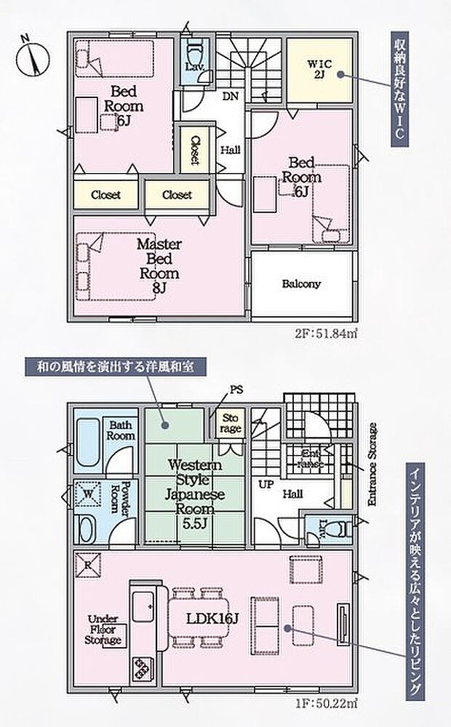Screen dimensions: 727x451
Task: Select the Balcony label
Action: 301,284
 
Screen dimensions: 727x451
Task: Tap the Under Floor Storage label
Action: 103,630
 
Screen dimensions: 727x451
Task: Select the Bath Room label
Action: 121,430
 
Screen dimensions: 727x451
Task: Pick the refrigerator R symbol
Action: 87,564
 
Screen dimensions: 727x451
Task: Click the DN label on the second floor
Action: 230,95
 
